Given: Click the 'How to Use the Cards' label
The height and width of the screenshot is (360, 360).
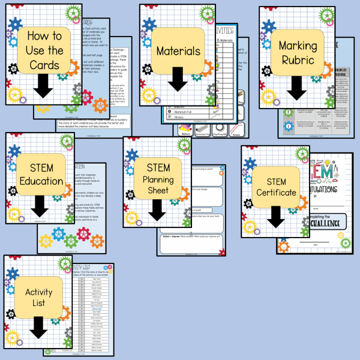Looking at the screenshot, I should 44,50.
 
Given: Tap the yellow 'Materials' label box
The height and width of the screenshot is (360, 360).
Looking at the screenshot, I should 178,50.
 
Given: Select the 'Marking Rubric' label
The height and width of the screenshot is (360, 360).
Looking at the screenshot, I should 297,52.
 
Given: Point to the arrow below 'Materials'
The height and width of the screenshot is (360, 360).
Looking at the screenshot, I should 178,79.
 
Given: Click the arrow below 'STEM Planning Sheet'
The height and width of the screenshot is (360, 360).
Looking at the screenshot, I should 157,209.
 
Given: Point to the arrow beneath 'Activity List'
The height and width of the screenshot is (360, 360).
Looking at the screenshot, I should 38,327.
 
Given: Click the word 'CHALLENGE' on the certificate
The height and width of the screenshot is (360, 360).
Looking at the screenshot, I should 331,222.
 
